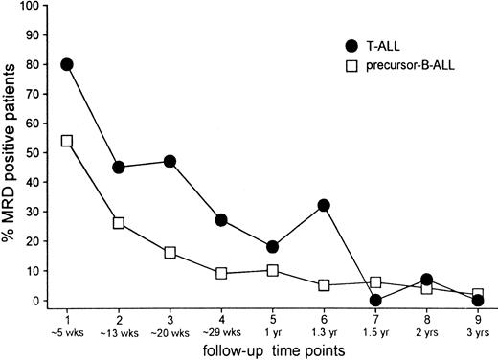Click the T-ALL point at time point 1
point(67,64)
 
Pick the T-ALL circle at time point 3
point(170,162)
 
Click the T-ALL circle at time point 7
point(375,301)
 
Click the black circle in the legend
point(351,45)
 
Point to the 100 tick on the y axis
point(34,6)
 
